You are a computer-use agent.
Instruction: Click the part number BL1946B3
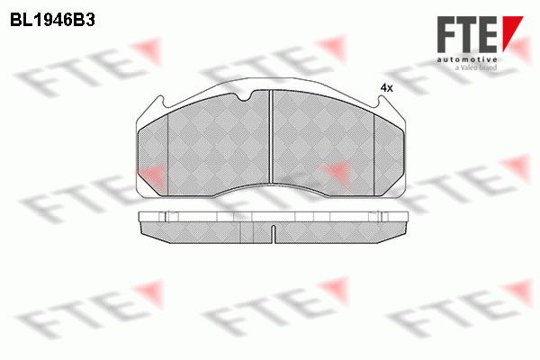pos(52,21)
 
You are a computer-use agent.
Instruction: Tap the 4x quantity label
pos(386,88)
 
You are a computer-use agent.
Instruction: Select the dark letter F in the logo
pos(448,34)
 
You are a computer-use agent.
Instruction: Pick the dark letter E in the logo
pos(489,34)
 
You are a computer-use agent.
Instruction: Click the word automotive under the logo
pos(467,60)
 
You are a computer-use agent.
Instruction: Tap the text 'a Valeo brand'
pos(476,67)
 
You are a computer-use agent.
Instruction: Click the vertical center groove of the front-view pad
pos(271,137)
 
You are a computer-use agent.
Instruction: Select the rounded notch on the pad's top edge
pos(246,97)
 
